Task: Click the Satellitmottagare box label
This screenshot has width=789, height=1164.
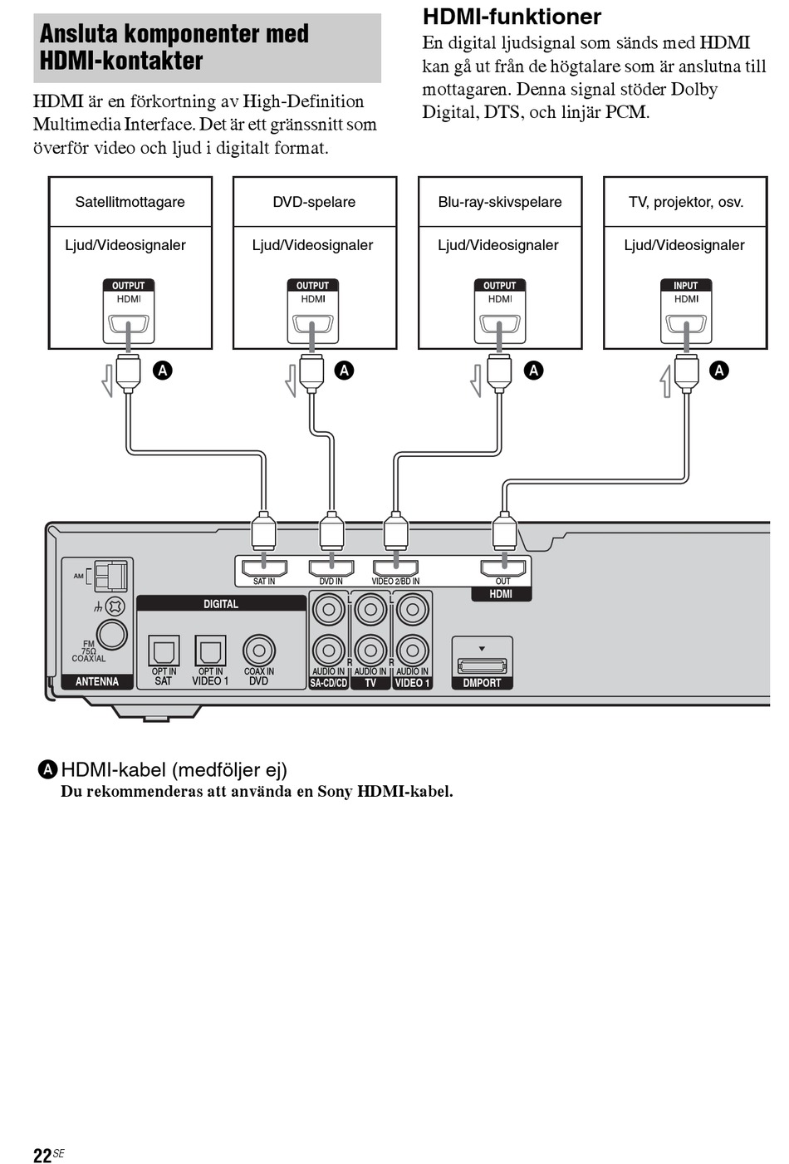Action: coord(130,202)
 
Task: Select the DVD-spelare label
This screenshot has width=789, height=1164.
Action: coord(314,202)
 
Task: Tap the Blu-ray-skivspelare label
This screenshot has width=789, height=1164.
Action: coord(500,202)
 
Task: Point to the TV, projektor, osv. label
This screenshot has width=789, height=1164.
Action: coord(686,202)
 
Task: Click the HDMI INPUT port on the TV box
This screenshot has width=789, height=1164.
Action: coord(686,322)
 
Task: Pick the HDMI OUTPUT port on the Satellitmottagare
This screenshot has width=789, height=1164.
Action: coord(128,322)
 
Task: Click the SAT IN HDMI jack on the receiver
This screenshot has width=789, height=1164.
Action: coord(264,568)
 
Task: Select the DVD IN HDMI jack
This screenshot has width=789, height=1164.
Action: coord(331,568)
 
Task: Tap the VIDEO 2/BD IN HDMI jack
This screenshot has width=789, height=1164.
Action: coord(395,568)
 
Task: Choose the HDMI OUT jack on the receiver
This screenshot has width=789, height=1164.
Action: coord(503,568)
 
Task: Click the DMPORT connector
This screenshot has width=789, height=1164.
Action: coord(482,665)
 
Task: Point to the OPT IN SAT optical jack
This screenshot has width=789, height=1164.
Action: coord(164,651)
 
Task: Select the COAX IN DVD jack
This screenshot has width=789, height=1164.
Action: coord(259,651)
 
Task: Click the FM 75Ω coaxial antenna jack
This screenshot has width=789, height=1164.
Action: coord(112,635)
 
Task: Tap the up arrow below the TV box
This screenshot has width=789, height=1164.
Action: coord(665,381)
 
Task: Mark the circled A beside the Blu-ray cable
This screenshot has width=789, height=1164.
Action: coord(534,371)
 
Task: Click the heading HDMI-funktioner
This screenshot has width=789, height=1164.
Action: coord(512,17)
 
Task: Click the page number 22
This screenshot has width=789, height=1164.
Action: coord(42,1156)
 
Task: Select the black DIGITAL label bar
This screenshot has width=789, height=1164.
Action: coord(221,604)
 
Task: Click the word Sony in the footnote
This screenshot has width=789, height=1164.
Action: coord(335,791)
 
